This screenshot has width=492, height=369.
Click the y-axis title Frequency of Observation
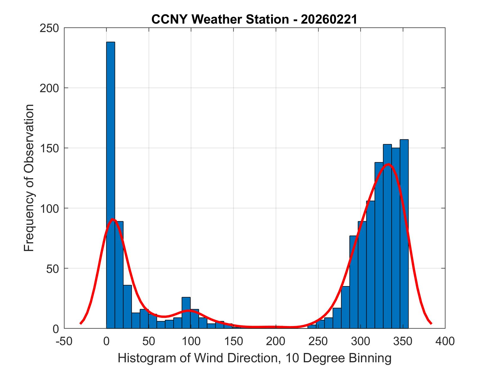[29, 178]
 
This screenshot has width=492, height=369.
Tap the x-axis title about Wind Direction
[254, 358]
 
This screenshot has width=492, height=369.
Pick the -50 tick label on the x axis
[64, 341]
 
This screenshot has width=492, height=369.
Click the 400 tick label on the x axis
[445, 341]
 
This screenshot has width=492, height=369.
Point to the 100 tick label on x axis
[191, 341]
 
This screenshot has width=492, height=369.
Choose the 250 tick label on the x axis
[318, 341]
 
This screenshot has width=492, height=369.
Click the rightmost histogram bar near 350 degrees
[404, 233]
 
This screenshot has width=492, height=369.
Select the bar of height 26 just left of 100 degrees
[186, 313]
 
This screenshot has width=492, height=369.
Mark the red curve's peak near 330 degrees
[389, 164]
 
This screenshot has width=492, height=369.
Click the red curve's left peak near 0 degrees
[112, 219]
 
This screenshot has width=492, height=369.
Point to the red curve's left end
[81, 323]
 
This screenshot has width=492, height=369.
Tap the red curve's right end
[431, 323]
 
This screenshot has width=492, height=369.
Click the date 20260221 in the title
[329, 19]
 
